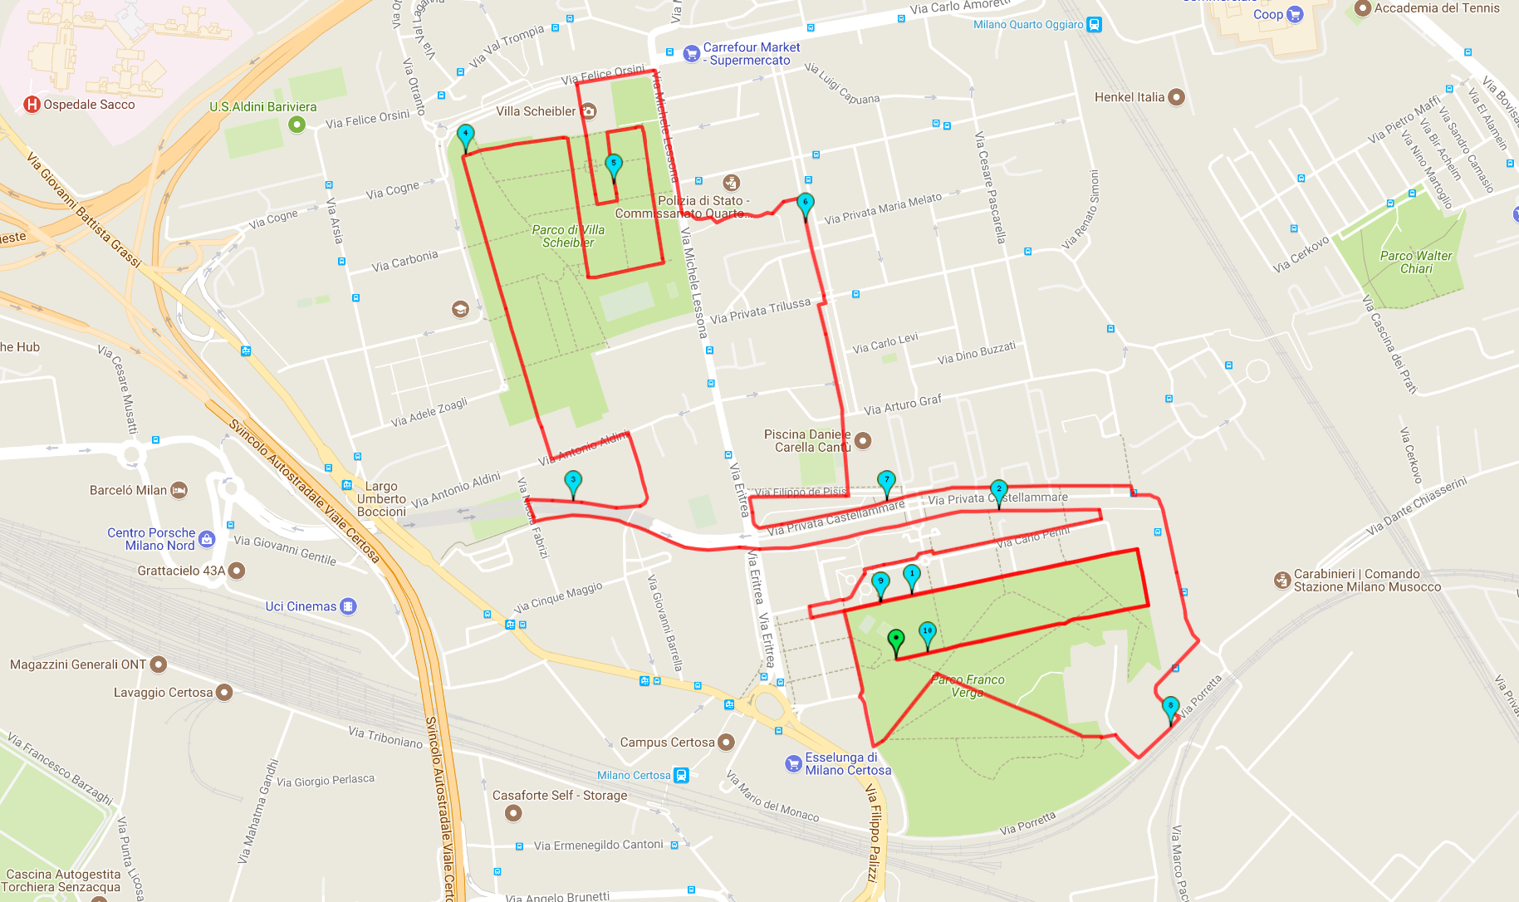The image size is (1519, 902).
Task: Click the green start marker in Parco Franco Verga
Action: [895, 640]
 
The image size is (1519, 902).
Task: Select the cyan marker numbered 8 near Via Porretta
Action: [1170, 708]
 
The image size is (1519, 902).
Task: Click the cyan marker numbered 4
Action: [466, 135]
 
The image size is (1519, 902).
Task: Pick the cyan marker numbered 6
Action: [805, 203]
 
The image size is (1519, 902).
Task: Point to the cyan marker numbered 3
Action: [573, 481]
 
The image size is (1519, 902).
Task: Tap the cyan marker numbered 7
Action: [886, 481]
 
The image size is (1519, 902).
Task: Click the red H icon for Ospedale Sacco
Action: [32, 105]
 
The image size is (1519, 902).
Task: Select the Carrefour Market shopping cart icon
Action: [691, 54]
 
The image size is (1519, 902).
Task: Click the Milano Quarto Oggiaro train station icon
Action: [1095, 25]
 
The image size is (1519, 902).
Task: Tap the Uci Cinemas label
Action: [301, 606]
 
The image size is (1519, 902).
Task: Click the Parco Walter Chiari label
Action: [1416, 262]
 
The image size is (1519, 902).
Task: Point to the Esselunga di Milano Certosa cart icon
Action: [793, 764]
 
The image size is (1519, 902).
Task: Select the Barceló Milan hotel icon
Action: [179, 491]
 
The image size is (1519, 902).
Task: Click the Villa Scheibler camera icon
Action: [588, 111]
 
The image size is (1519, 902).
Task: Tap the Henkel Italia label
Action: [1129, 97]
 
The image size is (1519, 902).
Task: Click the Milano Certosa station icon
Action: [681, 776]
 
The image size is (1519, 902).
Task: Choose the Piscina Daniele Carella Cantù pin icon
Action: [863, 440]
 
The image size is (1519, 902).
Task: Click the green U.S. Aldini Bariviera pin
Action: [296, 125]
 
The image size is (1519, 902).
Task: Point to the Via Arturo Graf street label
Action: [903, 404]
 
